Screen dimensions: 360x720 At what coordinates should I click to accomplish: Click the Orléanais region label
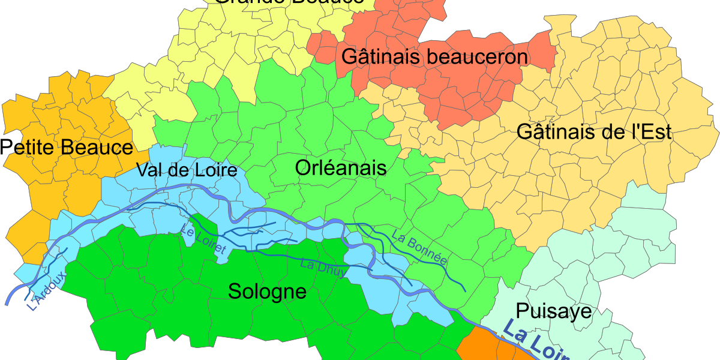(x=340, y=168)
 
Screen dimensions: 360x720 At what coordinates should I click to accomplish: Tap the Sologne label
(x=267, y=292)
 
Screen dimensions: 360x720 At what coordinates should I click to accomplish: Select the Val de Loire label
(x=187, y=170)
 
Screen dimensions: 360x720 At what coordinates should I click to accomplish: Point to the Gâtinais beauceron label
(x=434, y=57)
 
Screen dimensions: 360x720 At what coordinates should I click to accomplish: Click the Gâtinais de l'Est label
(x=593, y=132)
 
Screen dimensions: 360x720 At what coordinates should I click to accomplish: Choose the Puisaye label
(x=553, y=311)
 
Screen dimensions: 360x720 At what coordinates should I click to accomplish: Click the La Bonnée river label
(x=420, y=247)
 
